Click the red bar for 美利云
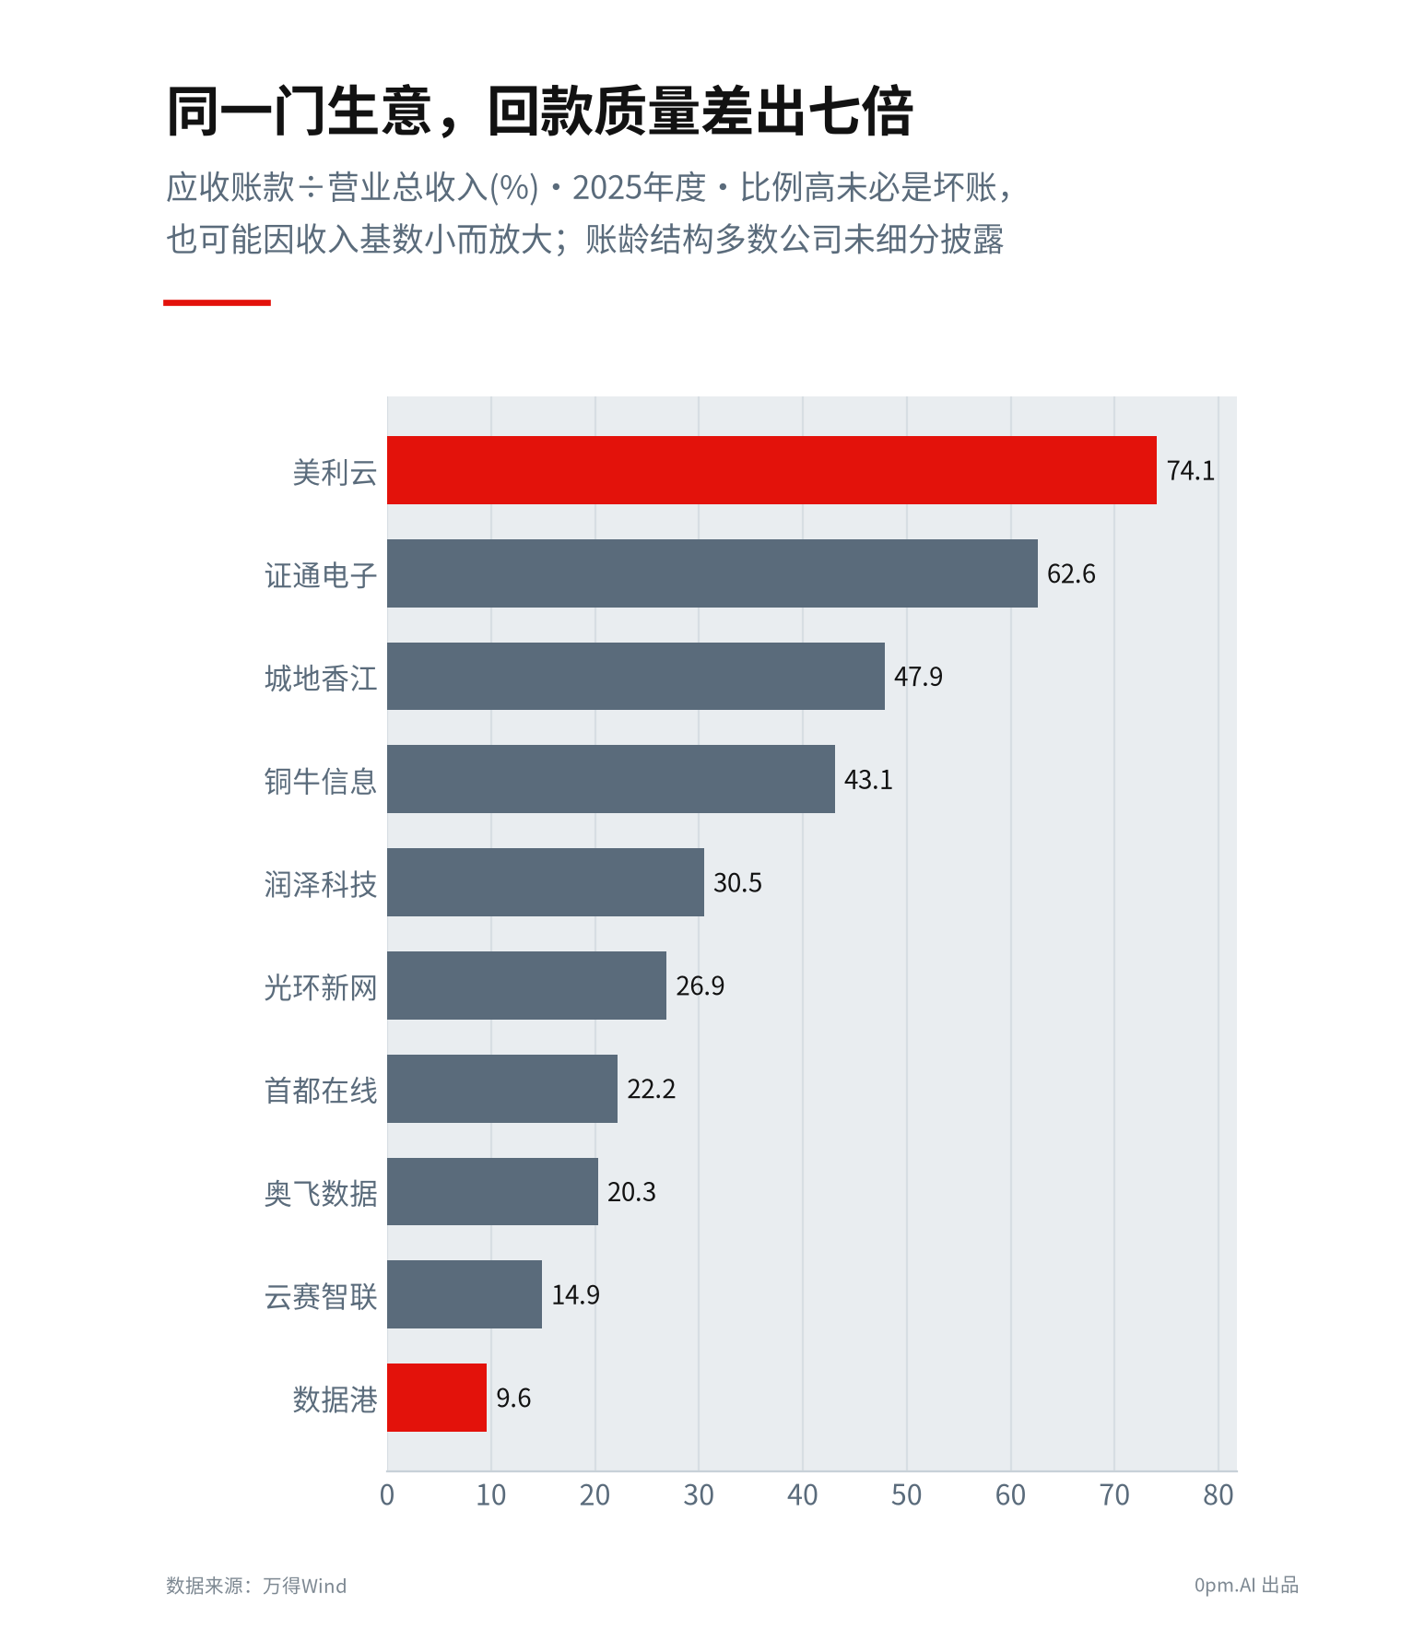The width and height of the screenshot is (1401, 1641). click(x=771, y=470)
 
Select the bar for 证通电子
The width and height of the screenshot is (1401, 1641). click(x=712, y=573)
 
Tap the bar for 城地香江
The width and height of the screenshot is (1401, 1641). click(x=636, y=677)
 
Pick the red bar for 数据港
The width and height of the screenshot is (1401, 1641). click(x=437, y=1398)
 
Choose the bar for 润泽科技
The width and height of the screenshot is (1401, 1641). click(x=546, y=882)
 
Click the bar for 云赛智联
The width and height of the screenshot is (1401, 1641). click(x=465, y=1294)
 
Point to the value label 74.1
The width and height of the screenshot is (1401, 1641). click(x=1191, y=471)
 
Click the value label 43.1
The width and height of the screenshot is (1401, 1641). click(x=868, y=780)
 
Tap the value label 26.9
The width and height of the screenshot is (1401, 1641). click(x=700, y=986)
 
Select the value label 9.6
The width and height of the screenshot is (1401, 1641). click(x=513, y=1399)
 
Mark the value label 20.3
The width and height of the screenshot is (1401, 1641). click(x=631, y=1192)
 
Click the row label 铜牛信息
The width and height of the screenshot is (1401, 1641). click(x=321, y=781)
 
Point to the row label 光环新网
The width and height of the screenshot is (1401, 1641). click(x=321, y=987)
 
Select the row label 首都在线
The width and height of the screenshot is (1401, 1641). click(x=321, y=1091)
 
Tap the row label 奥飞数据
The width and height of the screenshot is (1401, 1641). click(x=321, y=1194)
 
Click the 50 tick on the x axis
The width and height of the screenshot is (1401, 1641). click(x=906, y=1495)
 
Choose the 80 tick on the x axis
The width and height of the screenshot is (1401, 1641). click(x=1218, y=1495)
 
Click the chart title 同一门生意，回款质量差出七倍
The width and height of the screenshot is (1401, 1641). click(x=540, y=112)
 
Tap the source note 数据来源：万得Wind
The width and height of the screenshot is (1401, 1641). click(x=256, y=1586)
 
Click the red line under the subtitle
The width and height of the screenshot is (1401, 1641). click(x=217, y=302)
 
